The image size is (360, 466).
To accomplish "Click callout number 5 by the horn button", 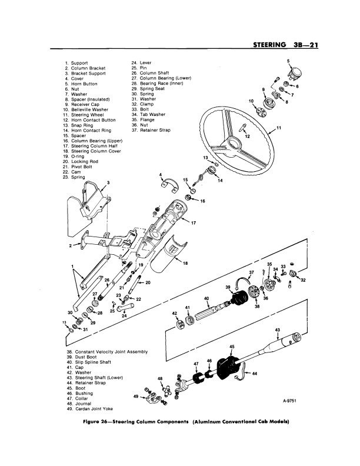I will click(x=289, y=61).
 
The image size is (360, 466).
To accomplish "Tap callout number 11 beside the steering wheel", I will click(x=279, y=128).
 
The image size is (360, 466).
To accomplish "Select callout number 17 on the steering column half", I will click(x=193, y=223).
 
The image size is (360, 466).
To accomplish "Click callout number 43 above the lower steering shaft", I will click(x=278, y=329).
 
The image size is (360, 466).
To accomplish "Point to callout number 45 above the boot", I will click(x=232, y=347).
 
